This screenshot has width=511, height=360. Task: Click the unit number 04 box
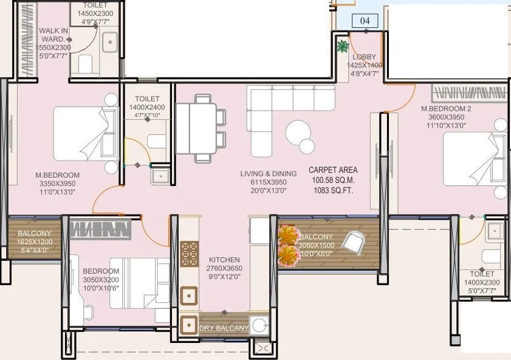pos(365,21)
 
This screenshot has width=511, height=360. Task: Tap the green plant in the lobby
pos(342,45)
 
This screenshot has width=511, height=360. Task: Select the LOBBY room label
pos(365,57)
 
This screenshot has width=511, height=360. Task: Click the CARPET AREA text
pos(333,170)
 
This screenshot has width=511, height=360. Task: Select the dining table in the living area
pos(196,131)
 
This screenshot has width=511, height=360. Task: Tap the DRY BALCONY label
pos(224,328)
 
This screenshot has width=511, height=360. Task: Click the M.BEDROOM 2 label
pos(447,109)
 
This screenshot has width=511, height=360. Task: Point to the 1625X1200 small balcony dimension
pos(34,241)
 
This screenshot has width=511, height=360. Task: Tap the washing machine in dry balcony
pos(260,324)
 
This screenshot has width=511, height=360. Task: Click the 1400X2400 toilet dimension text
pos(147,107)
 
